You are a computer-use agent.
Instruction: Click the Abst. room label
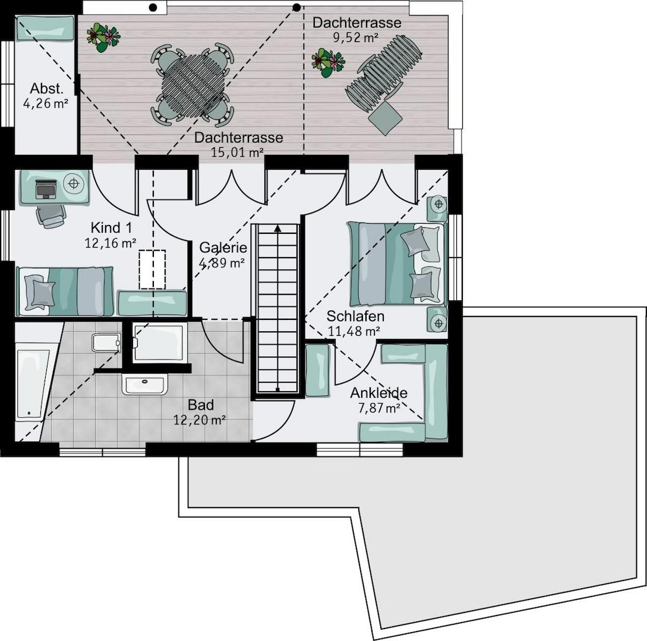pos(46,89)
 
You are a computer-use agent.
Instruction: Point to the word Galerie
pos(223,247)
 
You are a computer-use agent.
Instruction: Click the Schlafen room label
pos(355,316)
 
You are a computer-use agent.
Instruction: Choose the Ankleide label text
pos(378,393)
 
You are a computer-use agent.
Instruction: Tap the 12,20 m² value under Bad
pos(200,420)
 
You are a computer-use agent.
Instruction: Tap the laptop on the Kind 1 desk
pos(45,189)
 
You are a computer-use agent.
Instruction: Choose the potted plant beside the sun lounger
pos(327,62)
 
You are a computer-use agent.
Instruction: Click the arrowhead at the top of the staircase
pos(277,228)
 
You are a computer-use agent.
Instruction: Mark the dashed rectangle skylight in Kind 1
pos(152,269)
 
